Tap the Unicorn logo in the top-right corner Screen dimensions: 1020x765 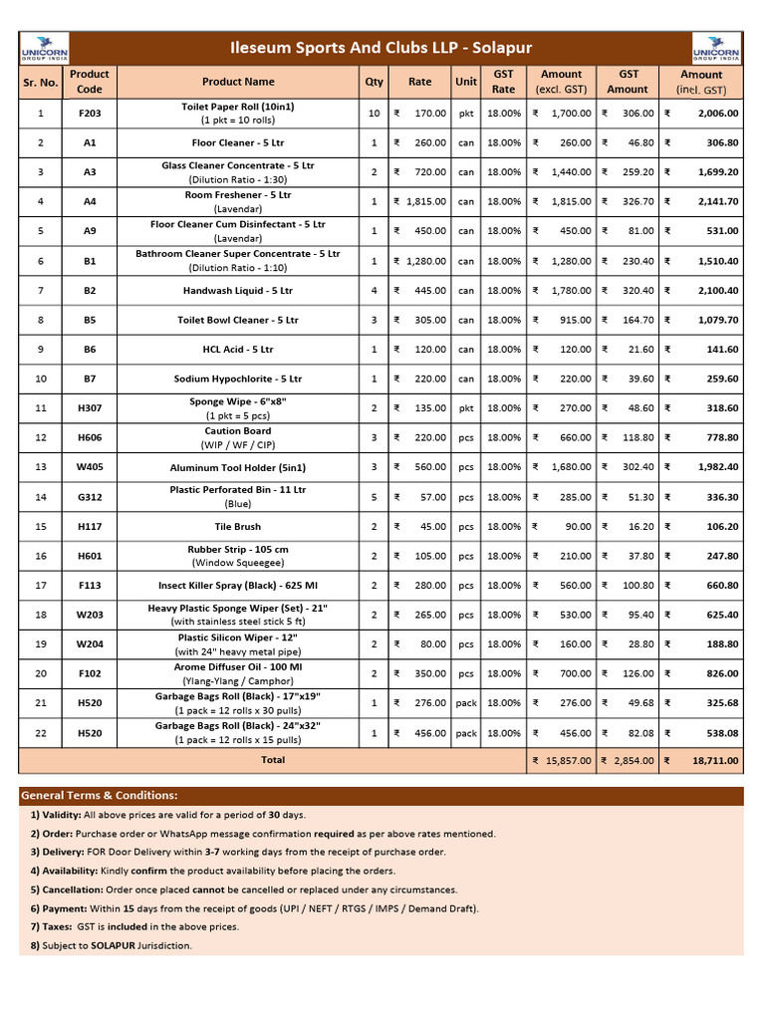point(717,48)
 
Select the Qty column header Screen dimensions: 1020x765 point(374,82)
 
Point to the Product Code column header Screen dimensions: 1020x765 point(90,82)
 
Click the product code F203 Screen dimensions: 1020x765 point(90,114)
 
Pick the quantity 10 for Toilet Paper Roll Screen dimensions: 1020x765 point(374,114)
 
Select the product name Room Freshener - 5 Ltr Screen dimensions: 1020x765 point(237,195)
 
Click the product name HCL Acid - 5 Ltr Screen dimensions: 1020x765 point(237,350)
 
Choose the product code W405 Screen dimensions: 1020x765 point(90,467)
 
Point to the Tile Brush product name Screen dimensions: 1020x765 point(237,526)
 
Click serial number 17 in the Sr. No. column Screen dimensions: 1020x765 point(41,586)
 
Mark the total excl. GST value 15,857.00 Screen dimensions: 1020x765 point(569,760)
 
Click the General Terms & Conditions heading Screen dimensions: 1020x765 point(100,796)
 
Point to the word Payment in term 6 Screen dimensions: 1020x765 point(66,908)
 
